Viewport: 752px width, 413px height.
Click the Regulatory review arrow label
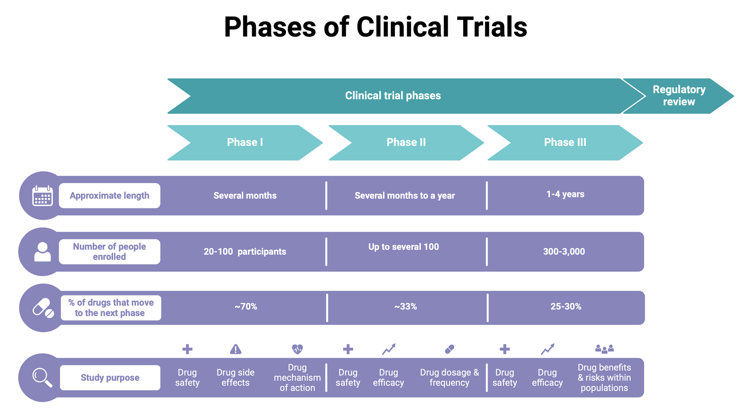click(679, 96)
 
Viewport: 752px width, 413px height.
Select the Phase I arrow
click(245, 142)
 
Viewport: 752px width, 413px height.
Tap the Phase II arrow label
click(406, 142)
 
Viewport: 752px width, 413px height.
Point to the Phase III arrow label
click(565, 142)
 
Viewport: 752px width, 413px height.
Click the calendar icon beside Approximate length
click(42, 196)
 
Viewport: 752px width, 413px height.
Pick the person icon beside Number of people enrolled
click(42, 251)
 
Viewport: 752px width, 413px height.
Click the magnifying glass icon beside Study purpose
click(42, 378)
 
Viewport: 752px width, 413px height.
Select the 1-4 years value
click(565, 194)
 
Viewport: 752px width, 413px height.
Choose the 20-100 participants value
click(245, 251)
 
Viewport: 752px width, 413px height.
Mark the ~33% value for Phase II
click(405, 306)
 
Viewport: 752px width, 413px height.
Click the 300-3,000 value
click(564, 251)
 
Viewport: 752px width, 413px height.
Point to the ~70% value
click(246, 306)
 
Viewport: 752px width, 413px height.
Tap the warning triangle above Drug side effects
click(235, 349)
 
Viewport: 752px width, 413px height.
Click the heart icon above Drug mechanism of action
click(297, 349)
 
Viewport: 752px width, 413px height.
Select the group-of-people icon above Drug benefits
click(604, 349)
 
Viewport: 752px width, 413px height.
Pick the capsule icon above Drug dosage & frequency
click(449, 349)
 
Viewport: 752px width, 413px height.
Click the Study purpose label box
click(110, 378)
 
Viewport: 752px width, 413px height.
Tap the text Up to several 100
click(403, 247)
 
